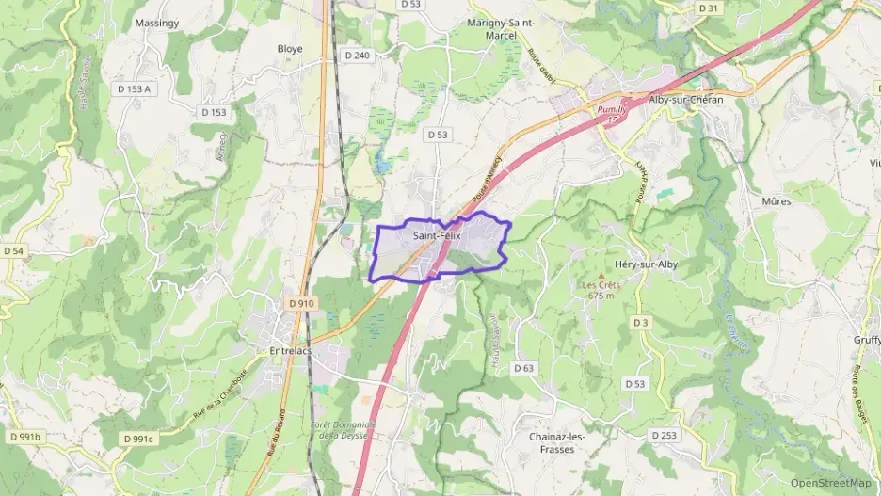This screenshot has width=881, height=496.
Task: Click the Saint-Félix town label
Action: pyautogui.click(x=437, y=236)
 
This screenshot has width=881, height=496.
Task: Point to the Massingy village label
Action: pyautogui.click(x=156, y=22)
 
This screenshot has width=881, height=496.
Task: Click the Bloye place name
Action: pyautogui.click(x=290, y=48)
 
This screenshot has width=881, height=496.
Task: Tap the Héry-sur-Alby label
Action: pyautogui.click(x=645, y=264)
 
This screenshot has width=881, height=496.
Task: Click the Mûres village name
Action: pyautogui.click(x=776, y=200)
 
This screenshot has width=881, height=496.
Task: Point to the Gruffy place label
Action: pyautogui.click(x=866, y=341)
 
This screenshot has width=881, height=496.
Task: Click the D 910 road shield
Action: pyautogui.click(x=300, y=303)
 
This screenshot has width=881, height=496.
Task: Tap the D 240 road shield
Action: pyautogui.click(x=358, y=56)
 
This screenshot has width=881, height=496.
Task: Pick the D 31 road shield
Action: pyautogui.click(x=708, y=8)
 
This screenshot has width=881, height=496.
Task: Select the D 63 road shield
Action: pyautogui.click(x=523, y=367)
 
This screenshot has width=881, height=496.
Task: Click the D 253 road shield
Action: pyautogui.click(x=665, y=435)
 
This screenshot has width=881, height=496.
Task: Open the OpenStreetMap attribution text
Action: pyautogui.click(x=830, y=483)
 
